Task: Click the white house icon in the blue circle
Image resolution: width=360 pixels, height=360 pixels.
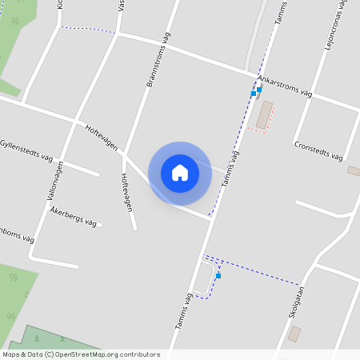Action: (180, 173)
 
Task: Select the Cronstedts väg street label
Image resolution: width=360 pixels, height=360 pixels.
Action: (318, 150)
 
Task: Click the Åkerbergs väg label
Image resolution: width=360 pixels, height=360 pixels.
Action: (74, 214)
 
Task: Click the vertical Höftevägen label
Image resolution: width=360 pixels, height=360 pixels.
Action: (126, 192)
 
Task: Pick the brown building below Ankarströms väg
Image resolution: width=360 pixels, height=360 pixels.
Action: (263, 114)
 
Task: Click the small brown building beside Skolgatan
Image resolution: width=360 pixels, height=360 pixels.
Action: (294, 333)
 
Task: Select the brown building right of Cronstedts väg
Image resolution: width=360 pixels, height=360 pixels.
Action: (354, 170)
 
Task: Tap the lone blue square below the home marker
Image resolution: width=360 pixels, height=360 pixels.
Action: (218, 275)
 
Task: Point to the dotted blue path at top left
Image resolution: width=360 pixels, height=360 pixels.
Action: (88, 30)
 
